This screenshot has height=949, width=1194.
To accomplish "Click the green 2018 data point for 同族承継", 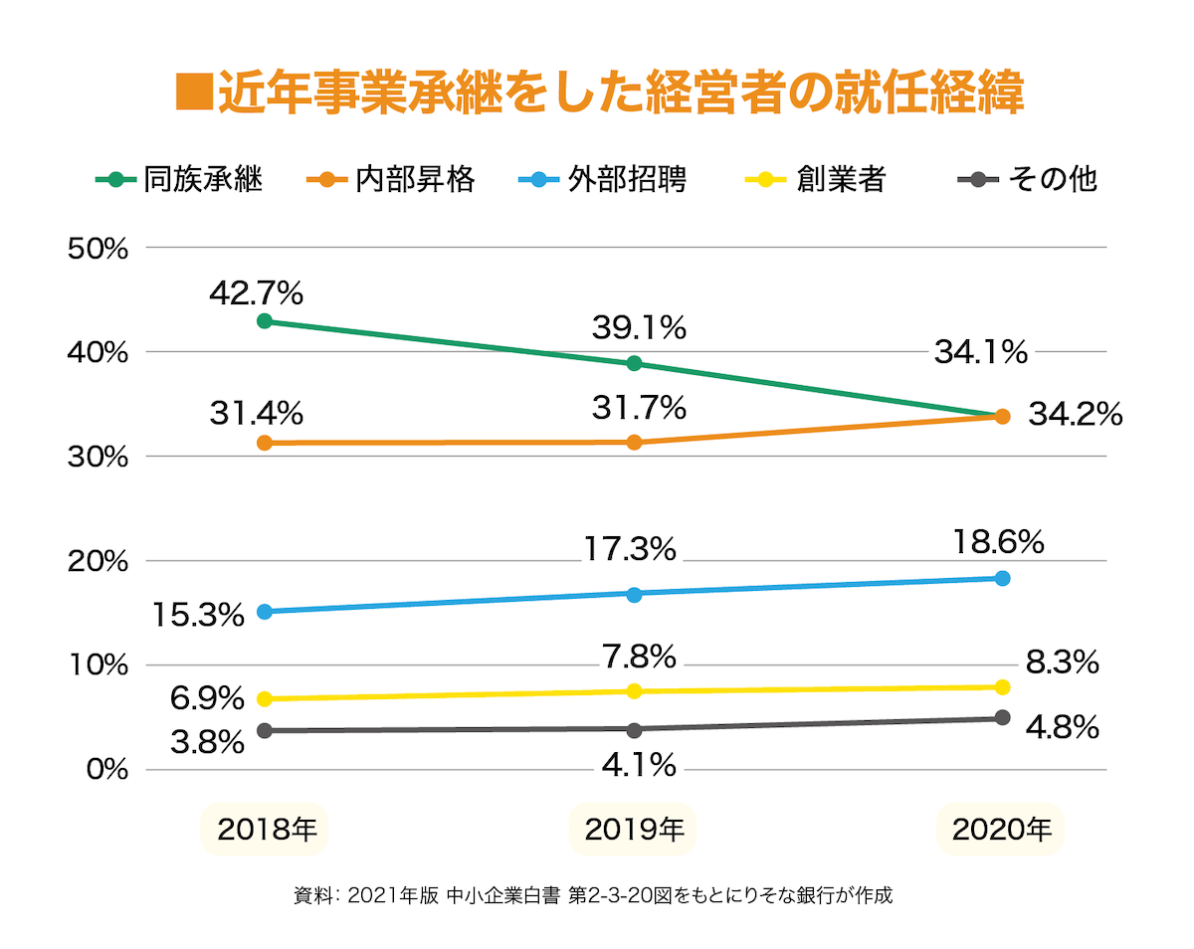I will pyautogui.click(x=265, y=321).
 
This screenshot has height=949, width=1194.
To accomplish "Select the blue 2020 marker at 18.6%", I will pyautogui.click(x=1002, y=578).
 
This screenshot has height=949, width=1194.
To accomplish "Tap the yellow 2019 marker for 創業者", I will pyautogui.click(x=634, y=691).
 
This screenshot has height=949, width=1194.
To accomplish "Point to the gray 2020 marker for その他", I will pyautogui.click(x=1002, y=718).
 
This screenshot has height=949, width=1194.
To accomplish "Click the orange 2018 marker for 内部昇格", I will pyautogui.click(x=265, y=443).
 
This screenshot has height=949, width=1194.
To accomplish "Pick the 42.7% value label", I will pyautogui.click(x=256, y=293).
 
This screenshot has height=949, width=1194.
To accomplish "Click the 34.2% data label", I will pyautogui.click(x=1075, y=415).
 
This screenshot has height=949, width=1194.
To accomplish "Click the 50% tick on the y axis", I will pyautogui.click(x=98, y=248).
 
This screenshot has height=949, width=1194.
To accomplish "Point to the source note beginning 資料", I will pyautogui.click(x=594, y=895).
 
